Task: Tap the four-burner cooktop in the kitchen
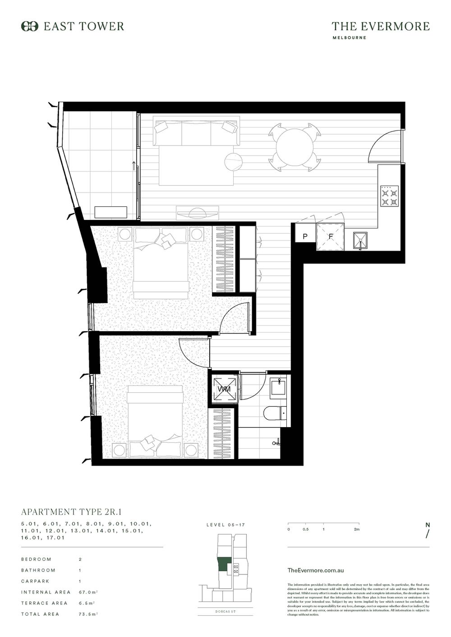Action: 390,196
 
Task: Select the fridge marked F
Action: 330,237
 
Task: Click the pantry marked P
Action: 305,237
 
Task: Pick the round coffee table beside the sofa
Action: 234,161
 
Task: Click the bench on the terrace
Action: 111,212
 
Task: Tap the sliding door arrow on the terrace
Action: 133,166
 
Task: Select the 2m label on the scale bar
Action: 356,529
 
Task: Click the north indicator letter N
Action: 427,524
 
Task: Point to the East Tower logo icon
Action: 30,27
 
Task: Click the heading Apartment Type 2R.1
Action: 72,512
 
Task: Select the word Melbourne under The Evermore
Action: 349,38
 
